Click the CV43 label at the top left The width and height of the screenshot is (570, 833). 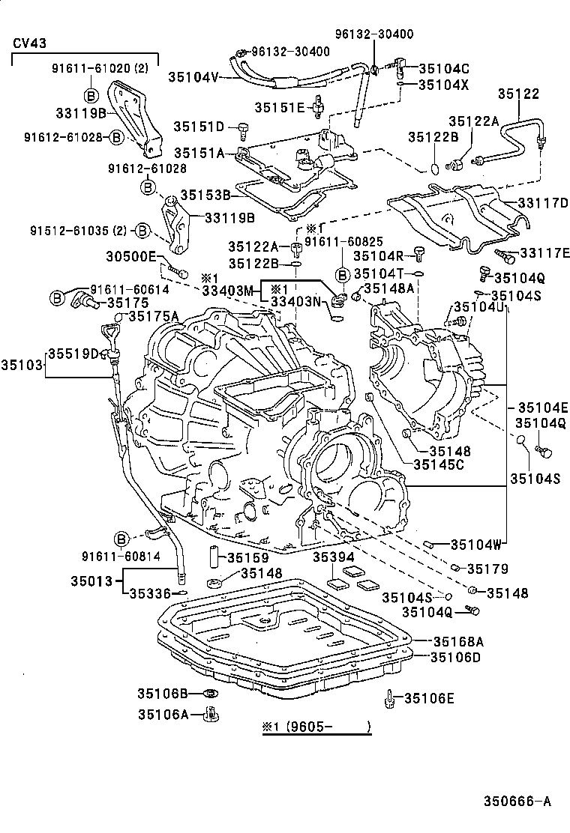pos(30,43)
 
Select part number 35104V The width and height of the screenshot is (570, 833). pos(193,76)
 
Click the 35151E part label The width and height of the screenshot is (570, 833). pos(279,108)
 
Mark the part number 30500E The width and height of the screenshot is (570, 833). pos(135,257)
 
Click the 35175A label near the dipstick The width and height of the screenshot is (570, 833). pos(154,316)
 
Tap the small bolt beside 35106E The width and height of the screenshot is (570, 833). pos(390,699)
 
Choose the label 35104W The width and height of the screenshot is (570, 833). pos(480,545)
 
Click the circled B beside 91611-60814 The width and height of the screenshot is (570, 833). pos(121,539)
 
